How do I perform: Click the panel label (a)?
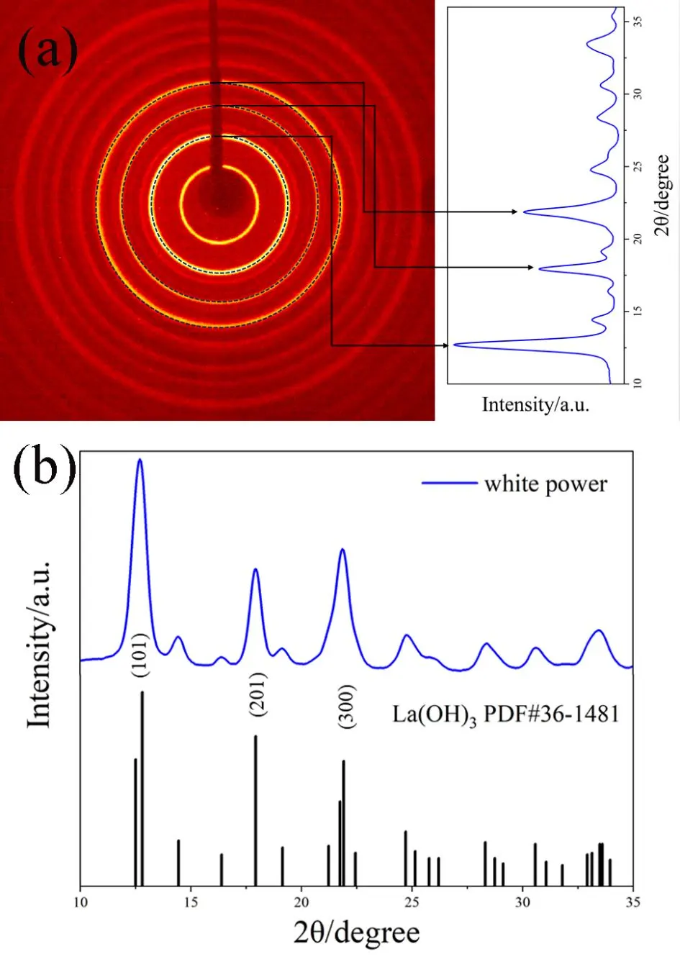click(47, 53)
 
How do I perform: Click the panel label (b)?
click(45, 468)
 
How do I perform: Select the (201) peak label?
click(258, 694)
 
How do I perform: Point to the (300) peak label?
click(346, 706)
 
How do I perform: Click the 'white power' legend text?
click(545, 484)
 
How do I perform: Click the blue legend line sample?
click(449, 484)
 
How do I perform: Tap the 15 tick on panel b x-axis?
click(191, 902)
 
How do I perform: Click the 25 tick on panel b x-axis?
click(412, 902)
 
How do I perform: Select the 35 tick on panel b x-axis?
click(632, 902)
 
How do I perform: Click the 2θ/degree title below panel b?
click(356, 933)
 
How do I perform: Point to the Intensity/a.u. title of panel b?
click(40, 643)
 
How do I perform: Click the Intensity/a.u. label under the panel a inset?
click(535, 404)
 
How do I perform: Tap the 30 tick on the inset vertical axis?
click(638, 94)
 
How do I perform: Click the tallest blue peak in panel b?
click(140, 460)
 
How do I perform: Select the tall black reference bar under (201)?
click(255, 809)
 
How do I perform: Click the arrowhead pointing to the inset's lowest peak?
click(445, 345)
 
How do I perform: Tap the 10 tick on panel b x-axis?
click(81, 902)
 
